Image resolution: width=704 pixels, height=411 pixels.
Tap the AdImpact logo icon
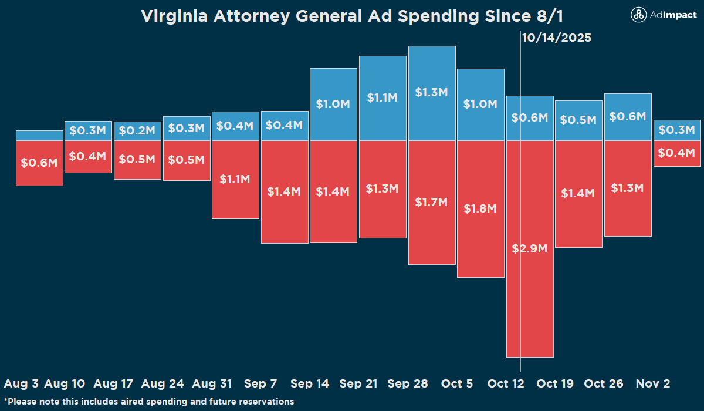pos(638,16)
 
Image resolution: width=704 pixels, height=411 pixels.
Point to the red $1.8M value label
pos(480,208)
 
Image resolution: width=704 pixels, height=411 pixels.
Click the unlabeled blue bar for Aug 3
pos(39,136)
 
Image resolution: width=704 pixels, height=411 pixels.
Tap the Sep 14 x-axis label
pos(310,383)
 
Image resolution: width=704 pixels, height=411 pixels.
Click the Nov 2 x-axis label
pos(653,383)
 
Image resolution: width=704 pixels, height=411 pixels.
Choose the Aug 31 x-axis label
pos(212,383)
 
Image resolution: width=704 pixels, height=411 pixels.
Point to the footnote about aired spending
pos(149,402)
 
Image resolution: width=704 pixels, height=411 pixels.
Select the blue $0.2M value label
pos(137,131)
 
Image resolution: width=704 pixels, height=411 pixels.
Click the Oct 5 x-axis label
pos(457,383)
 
